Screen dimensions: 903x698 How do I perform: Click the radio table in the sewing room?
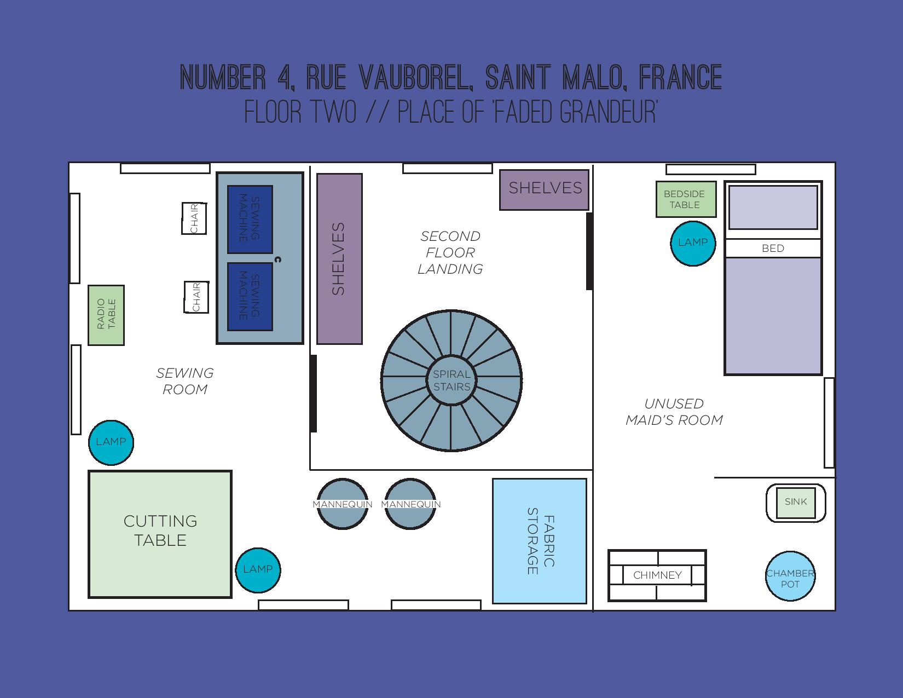coord(106,315)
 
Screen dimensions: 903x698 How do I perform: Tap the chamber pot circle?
coord(790,576)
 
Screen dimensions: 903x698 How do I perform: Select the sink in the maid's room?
coord(796,503)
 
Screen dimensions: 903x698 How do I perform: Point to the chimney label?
coord(657,575)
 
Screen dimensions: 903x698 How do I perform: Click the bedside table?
coord(686,199)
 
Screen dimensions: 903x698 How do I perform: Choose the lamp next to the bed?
coord(693,243)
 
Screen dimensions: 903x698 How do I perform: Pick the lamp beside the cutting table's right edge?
coord(258,570)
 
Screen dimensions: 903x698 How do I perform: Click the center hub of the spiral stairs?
coord(451,380)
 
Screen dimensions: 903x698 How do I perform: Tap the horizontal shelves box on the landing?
coord(545,189)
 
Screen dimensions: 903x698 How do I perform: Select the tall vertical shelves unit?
coord(339,259)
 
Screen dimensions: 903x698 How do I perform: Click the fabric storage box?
coord(540,541)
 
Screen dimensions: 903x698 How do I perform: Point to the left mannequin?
coord(343,504)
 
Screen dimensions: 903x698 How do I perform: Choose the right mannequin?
coord(410,504)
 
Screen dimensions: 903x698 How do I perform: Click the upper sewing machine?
coord(250,219)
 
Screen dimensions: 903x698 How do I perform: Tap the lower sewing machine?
coord(250,296)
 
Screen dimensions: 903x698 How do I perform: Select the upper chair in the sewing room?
coord(194,218)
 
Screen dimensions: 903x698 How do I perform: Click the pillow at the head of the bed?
coord(773,207)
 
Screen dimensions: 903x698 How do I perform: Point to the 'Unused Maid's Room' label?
coord(674,412)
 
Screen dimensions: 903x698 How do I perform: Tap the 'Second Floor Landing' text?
coord(450,252)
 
